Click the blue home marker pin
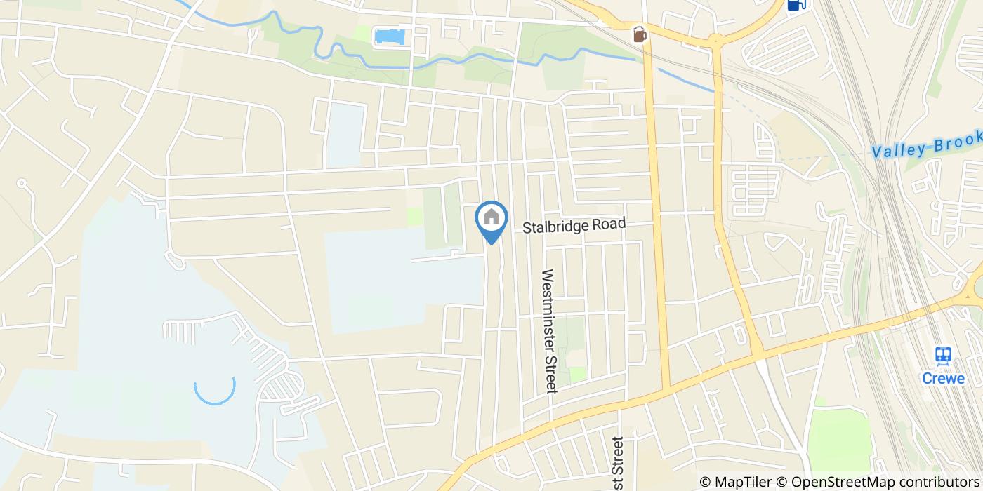491,221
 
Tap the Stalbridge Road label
574,226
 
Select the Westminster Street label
548,331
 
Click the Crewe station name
943,379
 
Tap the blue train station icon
943,356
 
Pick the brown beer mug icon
639,34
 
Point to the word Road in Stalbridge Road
607,224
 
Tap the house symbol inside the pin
491,217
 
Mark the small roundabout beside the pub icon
715,41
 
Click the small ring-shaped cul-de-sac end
21,184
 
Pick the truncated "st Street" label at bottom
616,463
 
